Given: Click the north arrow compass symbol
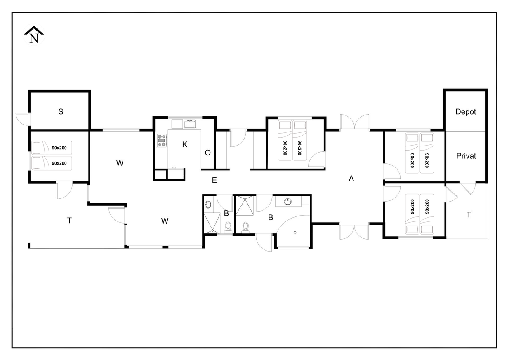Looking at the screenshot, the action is [x=34, y=35].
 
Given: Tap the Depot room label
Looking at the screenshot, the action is [x=466, y=112].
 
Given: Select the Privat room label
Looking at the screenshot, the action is [x=466, y=156].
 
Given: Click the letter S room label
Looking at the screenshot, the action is [x=61, y=111].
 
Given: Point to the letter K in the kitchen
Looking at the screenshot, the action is [x=184, y=144].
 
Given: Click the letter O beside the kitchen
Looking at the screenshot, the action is [x=208, y=153].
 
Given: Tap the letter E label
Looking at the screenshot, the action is [x=214, y=180].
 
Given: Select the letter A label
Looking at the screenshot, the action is [x=351, y=179].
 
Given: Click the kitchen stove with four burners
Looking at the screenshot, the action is [x=162, y=140].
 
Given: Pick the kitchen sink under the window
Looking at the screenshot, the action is [x=190, y=124].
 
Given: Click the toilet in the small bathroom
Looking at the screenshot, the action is [x=228, y=228].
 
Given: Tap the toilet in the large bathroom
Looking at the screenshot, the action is [x=245, y=228].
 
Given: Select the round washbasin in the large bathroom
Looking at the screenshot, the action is [x=288, y=202].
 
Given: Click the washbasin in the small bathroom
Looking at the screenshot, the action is [x=208, y=205].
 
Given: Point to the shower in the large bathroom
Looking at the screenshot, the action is [x=245, y=206].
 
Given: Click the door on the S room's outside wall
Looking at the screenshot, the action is [x=23, y=119].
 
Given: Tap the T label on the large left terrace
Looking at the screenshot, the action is [x=70, y=220].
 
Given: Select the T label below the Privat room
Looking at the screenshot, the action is [x=469, y=214].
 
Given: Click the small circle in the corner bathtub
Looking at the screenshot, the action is [x=295, y=232].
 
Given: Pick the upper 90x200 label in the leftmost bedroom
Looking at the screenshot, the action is [x=59, y=148].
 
